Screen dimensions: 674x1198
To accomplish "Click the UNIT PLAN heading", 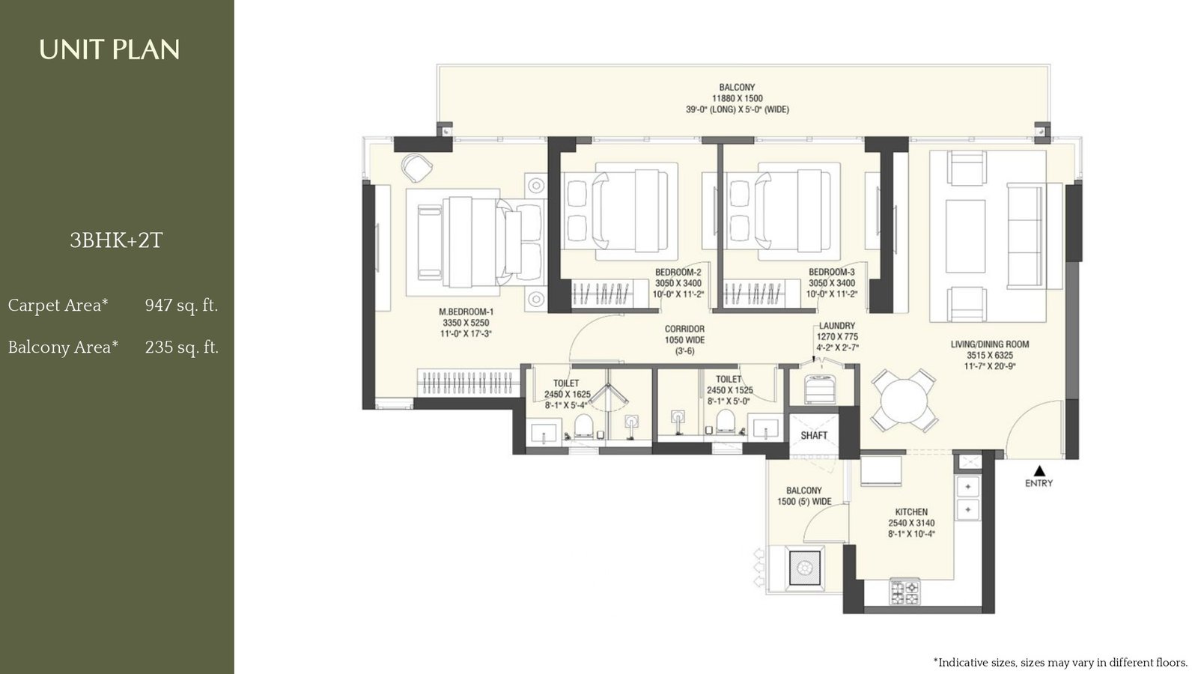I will (x=109, y=50).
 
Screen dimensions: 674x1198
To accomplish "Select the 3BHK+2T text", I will (x=116, y=240).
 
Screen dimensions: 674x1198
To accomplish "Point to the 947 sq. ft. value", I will (x=181, y=306).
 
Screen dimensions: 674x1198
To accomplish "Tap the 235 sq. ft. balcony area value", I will (x=182, y=347).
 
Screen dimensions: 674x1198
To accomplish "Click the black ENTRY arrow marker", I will (x=1039, y=471).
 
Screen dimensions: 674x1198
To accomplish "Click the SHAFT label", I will (x=814, y=435).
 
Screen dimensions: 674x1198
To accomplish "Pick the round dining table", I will (x=904, y=400).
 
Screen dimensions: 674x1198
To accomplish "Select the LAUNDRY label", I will (x=836, y=326).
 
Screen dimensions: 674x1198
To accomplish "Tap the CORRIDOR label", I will (x=684, y=329).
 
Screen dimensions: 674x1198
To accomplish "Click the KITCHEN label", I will (x=911, y=512).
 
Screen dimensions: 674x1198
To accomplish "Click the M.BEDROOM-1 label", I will (x=466, y=312).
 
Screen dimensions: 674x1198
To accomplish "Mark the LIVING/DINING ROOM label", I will (x=989, y=344).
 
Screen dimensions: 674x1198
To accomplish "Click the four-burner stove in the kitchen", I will (x=904, y=592).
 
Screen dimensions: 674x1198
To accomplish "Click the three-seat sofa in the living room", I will (x=1024, y=235).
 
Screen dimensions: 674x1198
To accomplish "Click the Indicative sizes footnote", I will (x=1060, y=662).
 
